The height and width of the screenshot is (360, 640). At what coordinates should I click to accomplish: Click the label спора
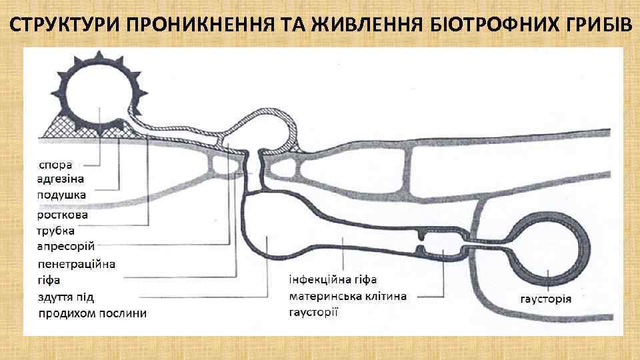57,163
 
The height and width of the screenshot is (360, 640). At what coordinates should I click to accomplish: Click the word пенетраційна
77,263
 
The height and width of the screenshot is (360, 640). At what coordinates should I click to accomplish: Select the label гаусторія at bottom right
545,297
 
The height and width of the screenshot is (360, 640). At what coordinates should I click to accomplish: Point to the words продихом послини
93,313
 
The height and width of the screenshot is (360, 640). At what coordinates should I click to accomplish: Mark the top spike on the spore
99,53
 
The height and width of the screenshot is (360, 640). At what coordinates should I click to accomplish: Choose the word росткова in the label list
63,215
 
